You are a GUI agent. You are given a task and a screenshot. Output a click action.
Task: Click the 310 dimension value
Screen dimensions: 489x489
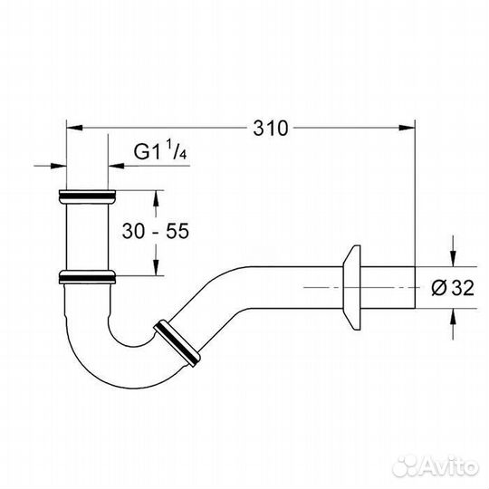pyautogui.click(x=271, y=128)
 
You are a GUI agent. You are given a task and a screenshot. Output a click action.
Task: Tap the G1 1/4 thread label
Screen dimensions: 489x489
pyautogui.click(x=160, y=150)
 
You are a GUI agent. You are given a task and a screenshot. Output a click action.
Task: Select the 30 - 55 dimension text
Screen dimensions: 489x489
pyautogui.click(x=156, y=231)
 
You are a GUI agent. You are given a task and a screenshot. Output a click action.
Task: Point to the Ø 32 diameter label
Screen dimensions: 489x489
pyautogui.click(x=453, y=288)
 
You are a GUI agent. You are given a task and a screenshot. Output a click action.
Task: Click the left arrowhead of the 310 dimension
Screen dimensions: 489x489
pyautogui.click(x=75, y=128)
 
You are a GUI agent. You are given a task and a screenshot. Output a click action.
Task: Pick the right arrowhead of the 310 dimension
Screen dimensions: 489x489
pyautogui.click(x=407, y=128)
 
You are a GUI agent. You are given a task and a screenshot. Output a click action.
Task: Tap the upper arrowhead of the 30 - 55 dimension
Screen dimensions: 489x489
pyautogui.click(x=157, y=198)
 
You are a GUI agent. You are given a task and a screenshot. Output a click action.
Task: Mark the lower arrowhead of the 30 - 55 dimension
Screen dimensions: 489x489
pyautogui.click(x=157, y=267)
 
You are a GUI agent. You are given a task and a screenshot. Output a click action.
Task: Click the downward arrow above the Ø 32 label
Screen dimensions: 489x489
pyautogui.click(x=454, y=258)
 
